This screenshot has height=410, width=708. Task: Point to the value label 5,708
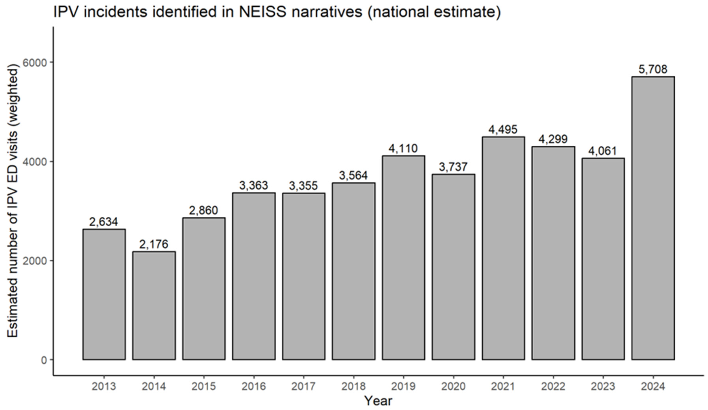(x=653, y=69)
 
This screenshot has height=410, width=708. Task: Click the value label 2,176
(x=154, y=244)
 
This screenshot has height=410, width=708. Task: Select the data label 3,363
(x=254, y=185)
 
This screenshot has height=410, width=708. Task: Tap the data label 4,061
(x=603, y=151)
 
